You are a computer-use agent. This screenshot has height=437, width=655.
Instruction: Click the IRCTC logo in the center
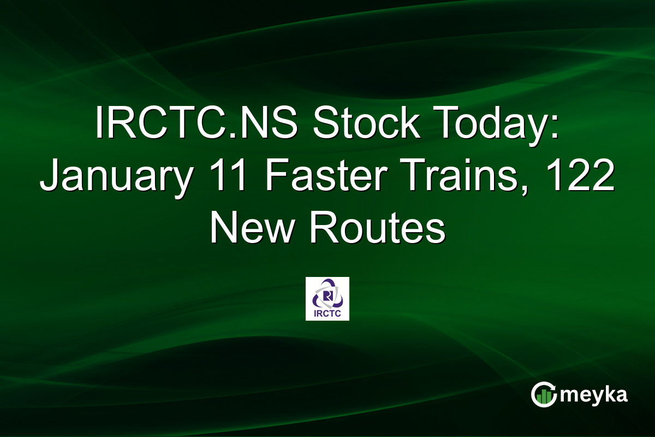(327, 299)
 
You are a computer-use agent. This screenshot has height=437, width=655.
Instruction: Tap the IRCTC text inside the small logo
(327, 314)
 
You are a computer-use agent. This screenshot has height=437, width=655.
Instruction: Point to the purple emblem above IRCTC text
(327, 294)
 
